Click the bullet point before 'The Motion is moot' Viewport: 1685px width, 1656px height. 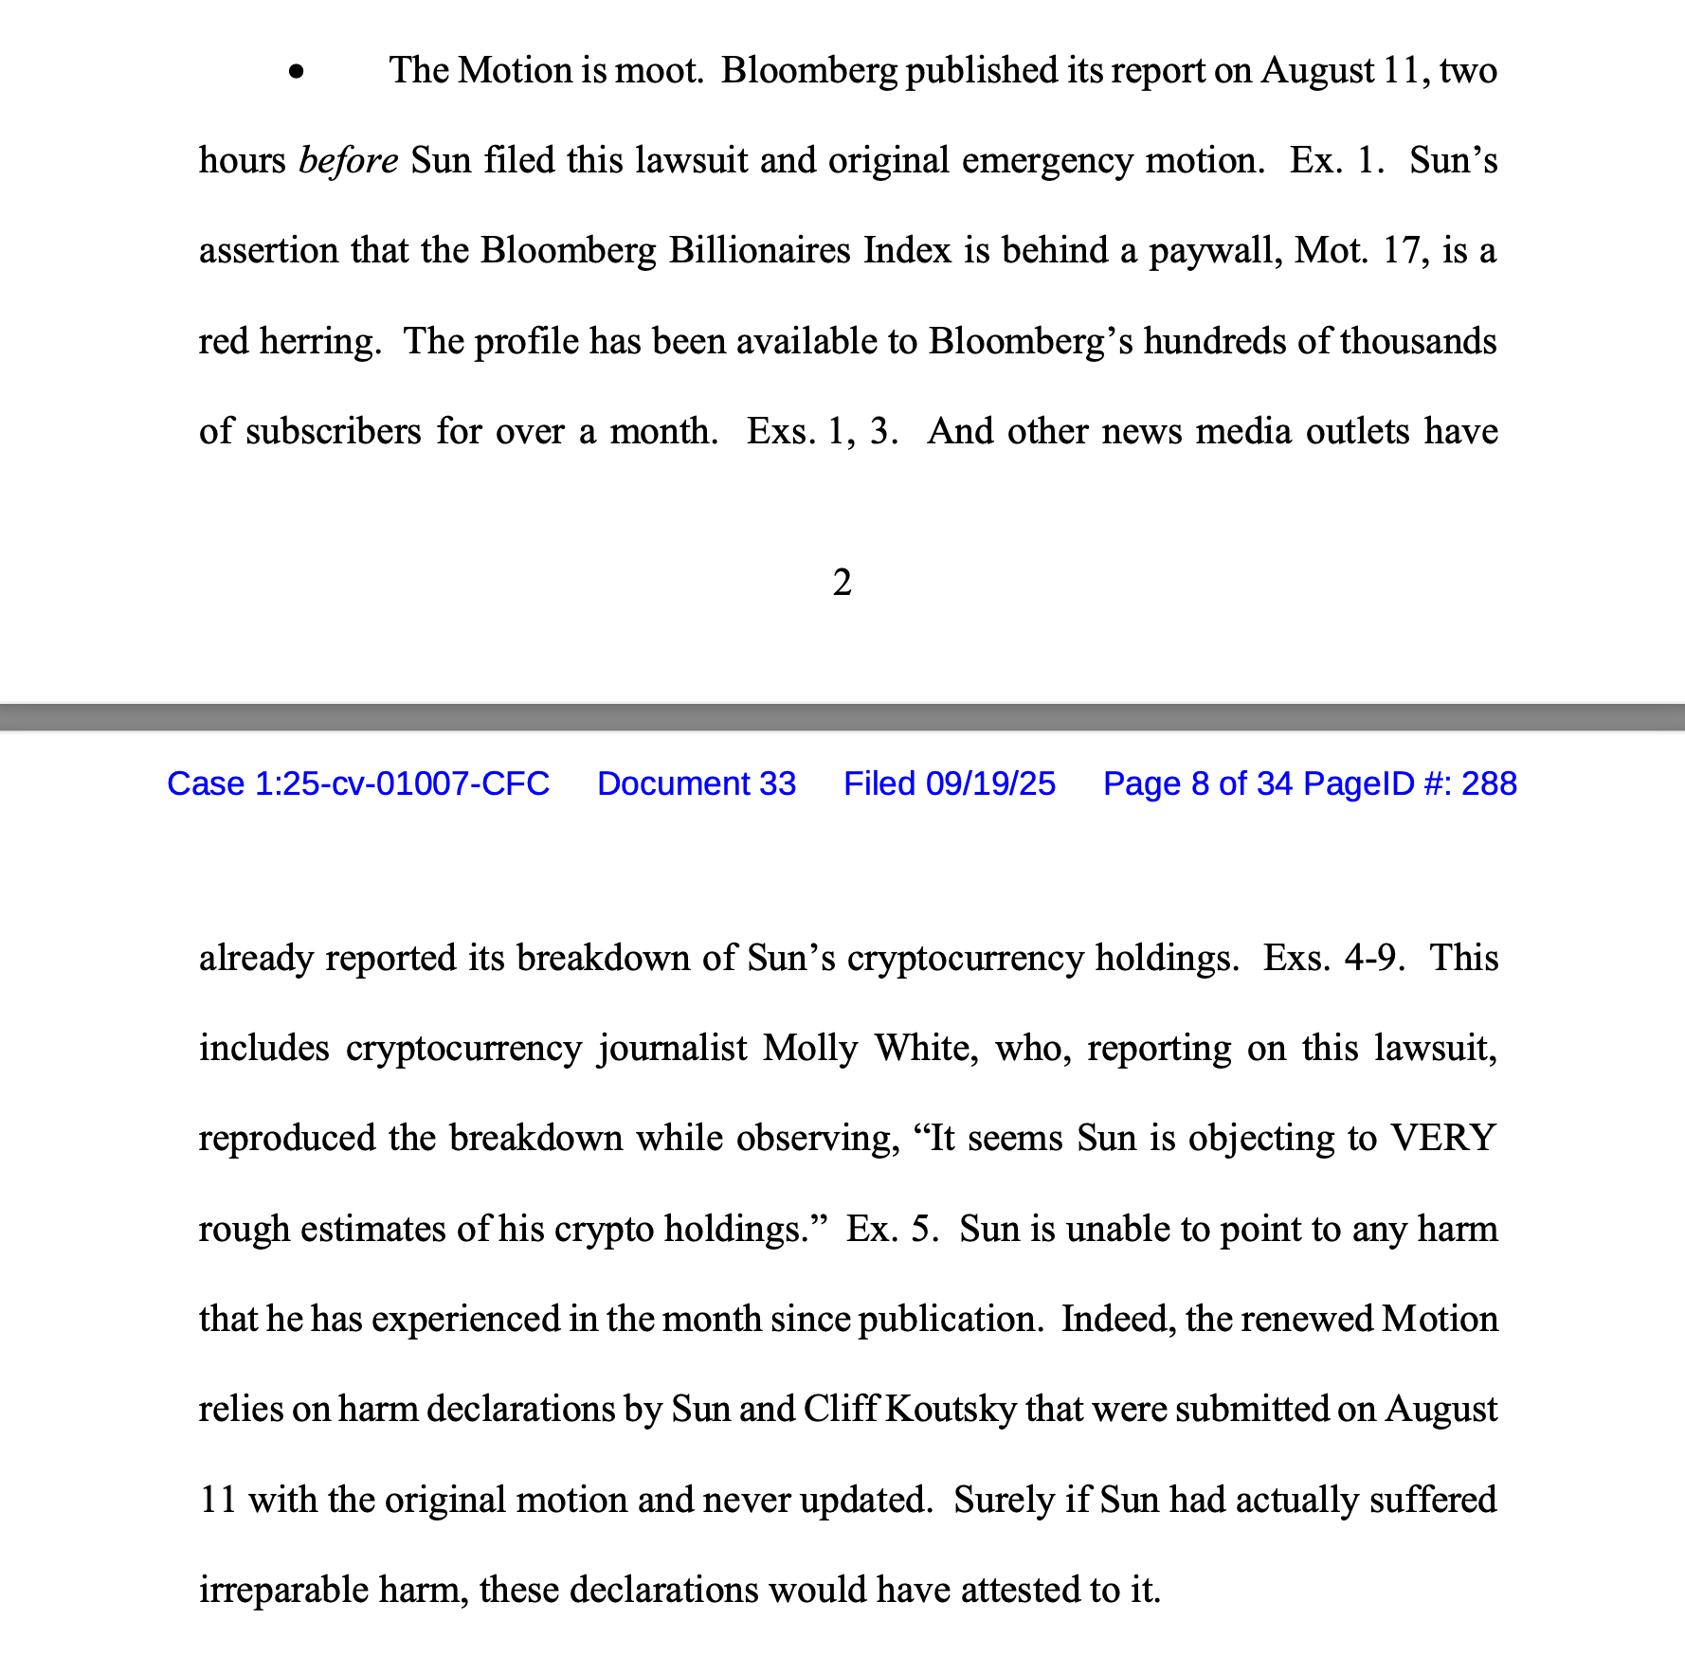[x=298, y=71]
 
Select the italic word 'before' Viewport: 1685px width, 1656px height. [x=348, y=160]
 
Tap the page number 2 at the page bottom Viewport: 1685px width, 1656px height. [x=842, y=583]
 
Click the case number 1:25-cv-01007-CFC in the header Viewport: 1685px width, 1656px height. [x=358, y=783]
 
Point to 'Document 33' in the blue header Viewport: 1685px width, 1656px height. [x=697, y=783]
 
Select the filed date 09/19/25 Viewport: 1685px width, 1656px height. [x=990, y=783]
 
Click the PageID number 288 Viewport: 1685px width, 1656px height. [x=1489, y=783]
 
